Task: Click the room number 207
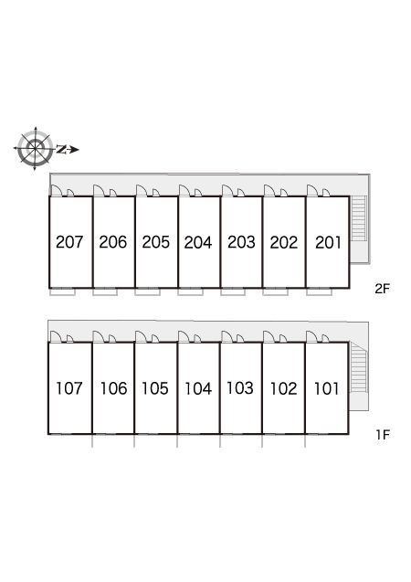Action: tap(69, 242)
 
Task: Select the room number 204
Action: tap(198, 243)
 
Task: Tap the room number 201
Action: tap(328, 243)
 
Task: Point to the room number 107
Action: tap(69, 388)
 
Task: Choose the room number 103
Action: tap(240, 388)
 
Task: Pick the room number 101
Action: tap(326, 388)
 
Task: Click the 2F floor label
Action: tap(383, 289)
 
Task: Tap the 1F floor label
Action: tap(383, 435)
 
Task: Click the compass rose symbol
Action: tap(35, 149)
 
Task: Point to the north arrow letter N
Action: tap(61, 150)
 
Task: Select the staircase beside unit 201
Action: tap(359, 217)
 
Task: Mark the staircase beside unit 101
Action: tap(359, 367)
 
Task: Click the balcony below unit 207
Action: tap(62, 292)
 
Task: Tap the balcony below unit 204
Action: tap(190, 292)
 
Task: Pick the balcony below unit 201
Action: tap(320, 292)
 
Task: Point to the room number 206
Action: tap(112, 242)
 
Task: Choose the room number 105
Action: tap(155, 388)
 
